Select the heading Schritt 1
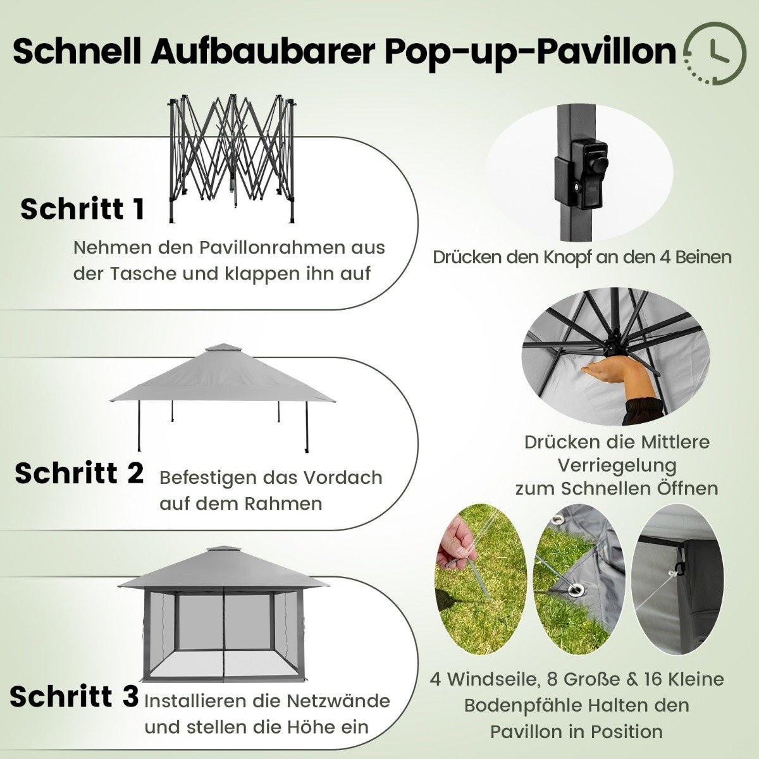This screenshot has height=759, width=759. point(82,209)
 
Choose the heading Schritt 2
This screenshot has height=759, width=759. point(79,472)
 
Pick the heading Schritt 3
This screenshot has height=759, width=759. point(74,696)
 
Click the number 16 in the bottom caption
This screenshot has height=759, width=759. point(639,680)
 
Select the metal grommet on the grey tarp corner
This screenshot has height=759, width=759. point(577,591)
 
